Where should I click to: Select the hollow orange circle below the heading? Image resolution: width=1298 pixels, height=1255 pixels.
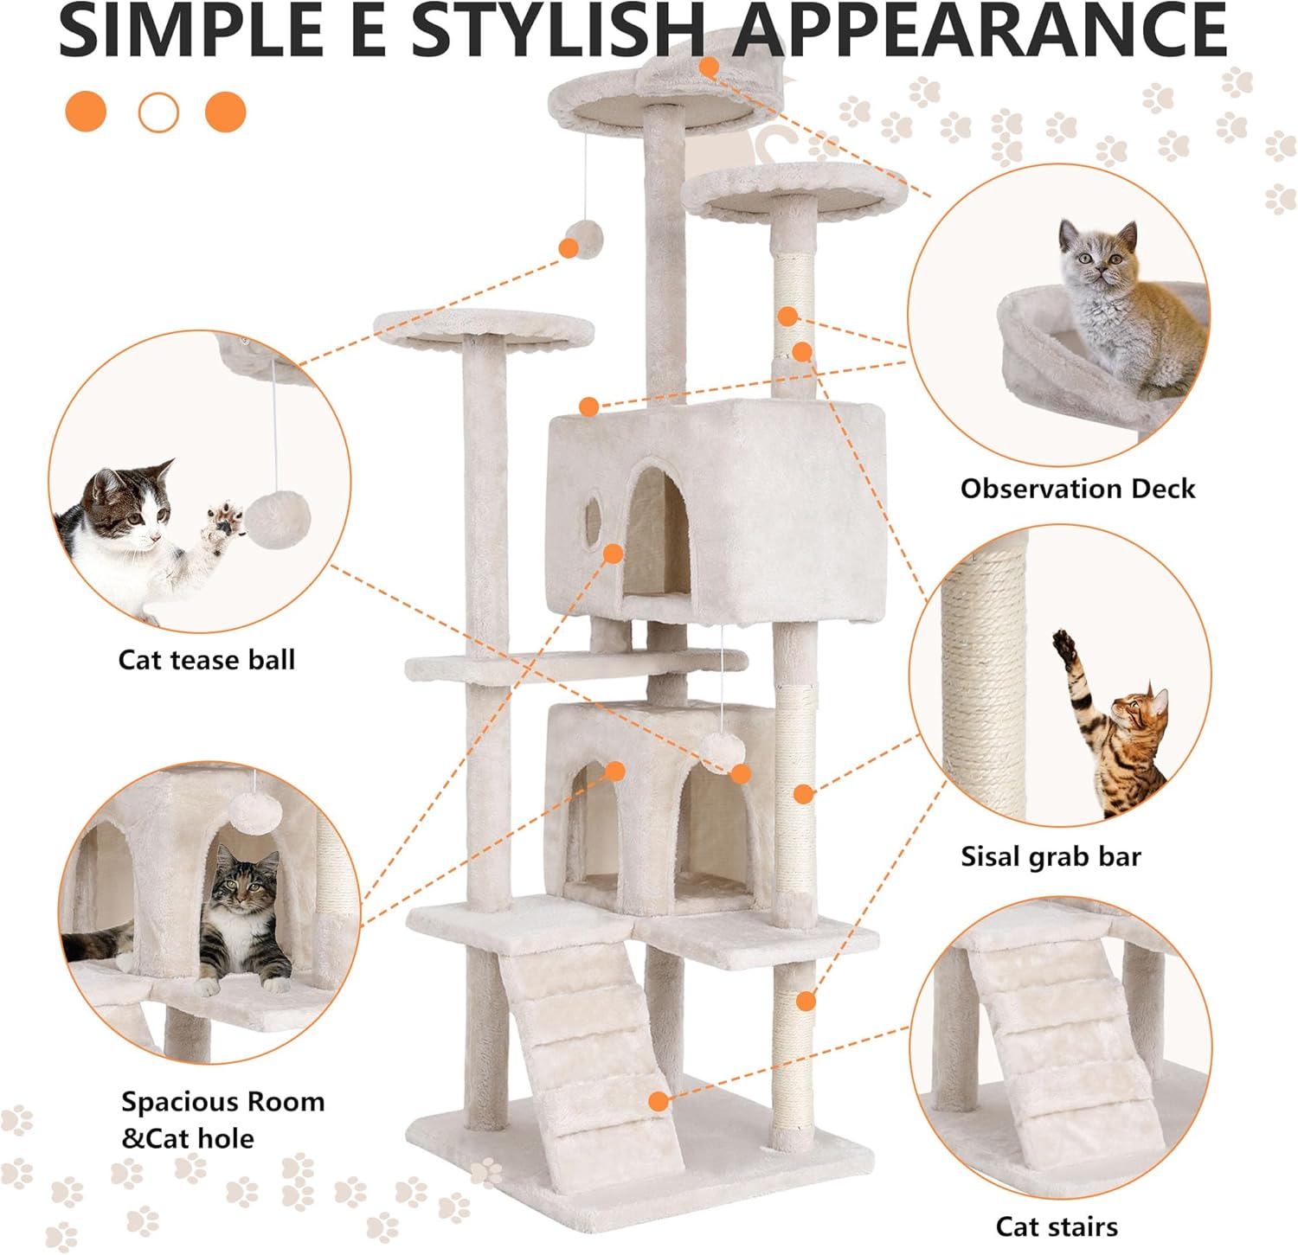coord(158,112)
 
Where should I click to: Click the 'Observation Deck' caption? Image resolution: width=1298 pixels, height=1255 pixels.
coord(1077,489)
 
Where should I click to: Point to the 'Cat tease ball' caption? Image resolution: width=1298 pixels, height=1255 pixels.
coord(207,660)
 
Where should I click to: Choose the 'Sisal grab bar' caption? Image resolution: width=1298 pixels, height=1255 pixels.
coord(1051,856)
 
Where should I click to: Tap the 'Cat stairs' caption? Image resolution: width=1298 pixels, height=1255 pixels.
coord(1057,1226)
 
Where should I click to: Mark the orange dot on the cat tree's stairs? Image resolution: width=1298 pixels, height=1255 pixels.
coord(659,1101)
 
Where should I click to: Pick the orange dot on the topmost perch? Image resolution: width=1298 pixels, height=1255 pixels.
coord(710,67)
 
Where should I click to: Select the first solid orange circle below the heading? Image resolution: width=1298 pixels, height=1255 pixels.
coord(86,112)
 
